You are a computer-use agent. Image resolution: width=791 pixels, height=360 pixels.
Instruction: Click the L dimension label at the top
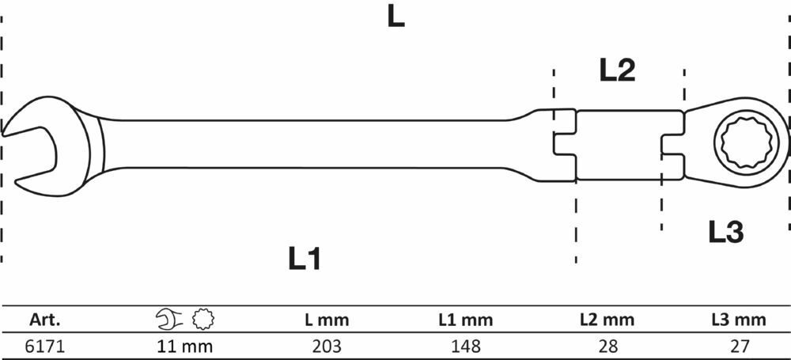click(395, 17)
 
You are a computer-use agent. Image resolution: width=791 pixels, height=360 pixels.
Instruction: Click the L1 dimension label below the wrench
click(305, 259)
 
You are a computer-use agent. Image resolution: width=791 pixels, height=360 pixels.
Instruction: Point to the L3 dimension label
click(726, 233)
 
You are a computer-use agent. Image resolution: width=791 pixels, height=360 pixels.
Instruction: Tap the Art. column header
click(45, 320)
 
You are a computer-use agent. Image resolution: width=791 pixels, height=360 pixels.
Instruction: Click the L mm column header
click(327, 320)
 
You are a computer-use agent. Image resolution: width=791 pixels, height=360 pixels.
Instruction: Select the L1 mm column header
click(466, 320)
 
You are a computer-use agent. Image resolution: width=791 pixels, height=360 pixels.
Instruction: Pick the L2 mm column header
click(607, 320)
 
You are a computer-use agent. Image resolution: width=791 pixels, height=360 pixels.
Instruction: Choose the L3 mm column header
click(739, 320)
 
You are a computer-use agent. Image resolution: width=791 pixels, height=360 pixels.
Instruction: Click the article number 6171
click(45, 346)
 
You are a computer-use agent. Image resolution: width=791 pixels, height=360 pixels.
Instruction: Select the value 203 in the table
click(327, 346)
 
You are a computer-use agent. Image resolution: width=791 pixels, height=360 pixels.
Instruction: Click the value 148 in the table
click(466, 346)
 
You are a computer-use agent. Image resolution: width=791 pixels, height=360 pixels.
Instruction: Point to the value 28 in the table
click(607, 346)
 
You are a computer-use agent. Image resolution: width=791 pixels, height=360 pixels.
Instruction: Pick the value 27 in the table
click(739, 346)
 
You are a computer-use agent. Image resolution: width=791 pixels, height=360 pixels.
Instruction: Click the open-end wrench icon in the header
click(169, 319)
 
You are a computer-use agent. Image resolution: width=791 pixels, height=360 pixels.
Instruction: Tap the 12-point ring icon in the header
click(203, 319)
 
